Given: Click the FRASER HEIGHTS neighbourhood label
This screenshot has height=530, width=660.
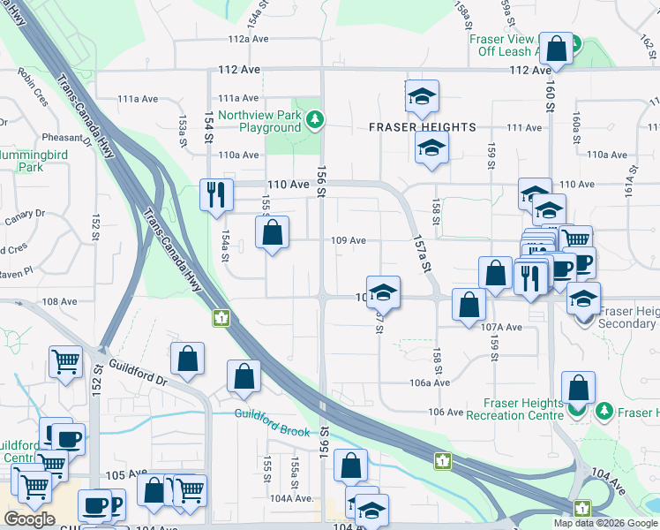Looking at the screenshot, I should coord(422,127).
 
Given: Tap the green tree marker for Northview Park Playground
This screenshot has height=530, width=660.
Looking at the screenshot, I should coord(312,118).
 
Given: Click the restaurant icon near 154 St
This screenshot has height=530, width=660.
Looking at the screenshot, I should coord(216,193).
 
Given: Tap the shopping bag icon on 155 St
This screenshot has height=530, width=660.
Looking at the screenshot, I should coord(272,233).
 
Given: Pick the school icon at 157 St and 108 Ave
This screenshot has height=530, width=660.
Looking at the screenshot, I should coord(383,291).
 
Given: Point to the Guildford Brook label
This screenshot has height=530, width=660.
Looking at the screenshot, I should coord(272,414).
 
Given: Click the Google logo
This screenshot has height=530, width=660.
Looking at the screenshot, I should coord(29,519).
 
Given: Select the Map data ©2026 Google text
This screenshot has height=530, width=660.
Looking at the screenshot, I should coord(605,523).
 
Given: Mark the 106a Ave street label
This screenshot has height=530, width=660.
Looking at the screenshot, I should coord(431,382).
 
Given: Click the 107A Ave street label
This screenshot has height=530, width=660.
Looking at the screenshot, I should coord(502,327).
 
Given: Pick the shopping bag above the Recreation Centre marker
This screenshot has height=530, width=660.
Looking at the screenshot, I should coord(578,387).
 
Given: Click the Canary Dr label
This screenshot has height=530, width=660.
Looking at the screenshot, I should coord(25,214).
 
